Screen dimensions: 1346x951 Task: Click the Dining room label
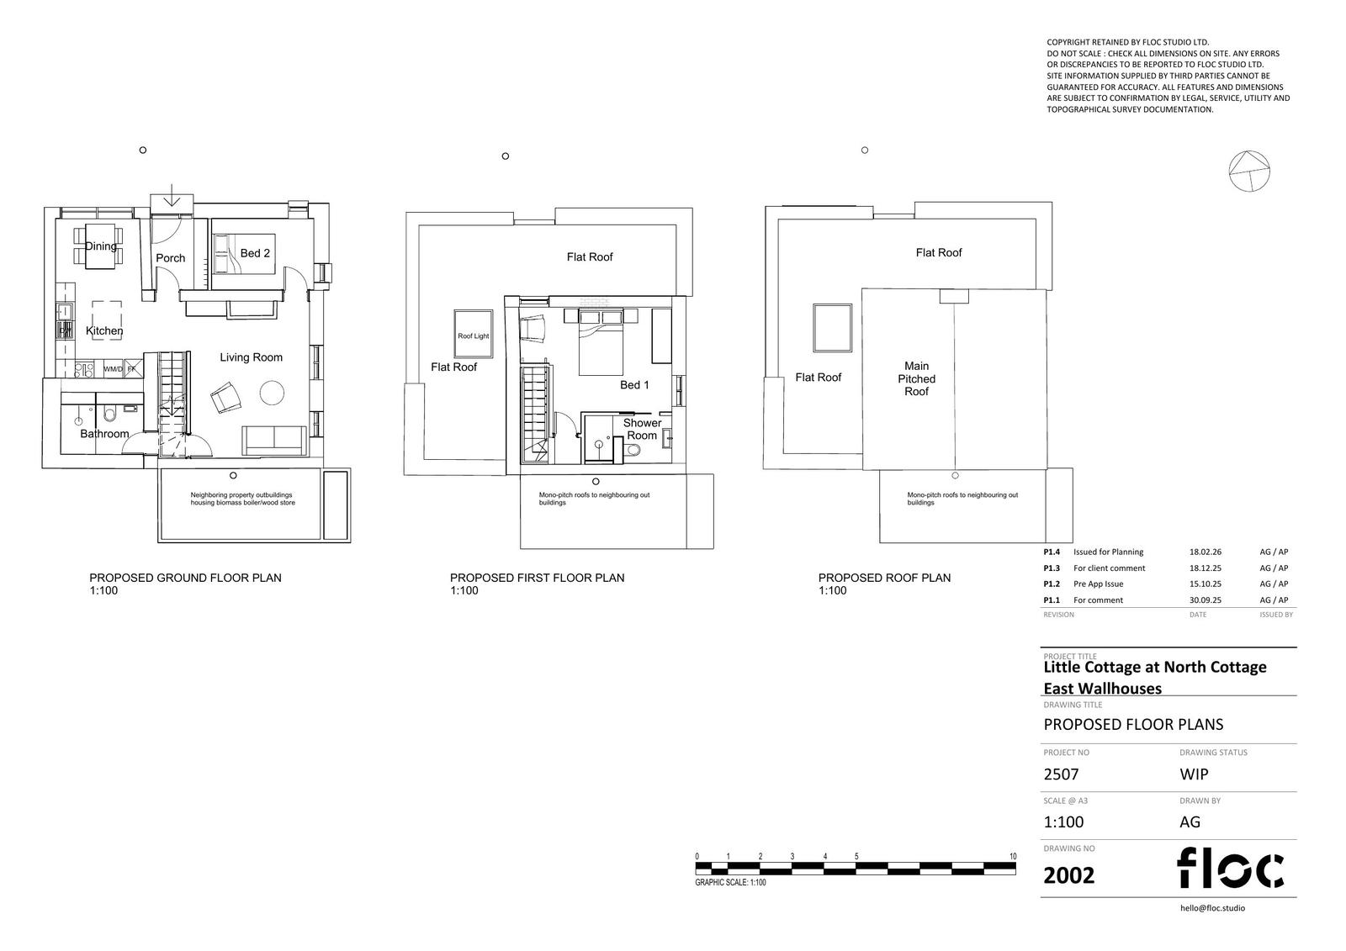coord(100,246)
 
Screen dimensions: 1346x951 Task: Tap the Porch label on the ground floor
coord(171,258)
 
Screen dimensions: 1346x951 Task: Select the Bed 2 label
coord(255,253)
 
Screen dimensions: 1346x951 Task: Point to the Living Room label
coord(251,357)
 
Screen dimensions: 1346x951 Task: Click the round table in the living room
coord(273,393)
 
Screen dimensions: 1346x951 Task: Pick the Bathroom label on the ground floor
coord(104,434)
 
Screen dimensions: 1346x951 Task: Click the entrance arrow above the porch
coord(172,196)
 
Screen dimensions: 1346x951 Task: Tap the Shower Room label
coord(642,429)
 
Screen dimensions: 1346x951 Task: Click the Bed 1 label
coord(634,385)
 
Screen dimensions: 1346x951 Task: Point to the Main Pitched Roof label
coord(916,378)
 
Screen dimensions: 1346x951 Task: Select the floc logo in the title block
coord(1230,867)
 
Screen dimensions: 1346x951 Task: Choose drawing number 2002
coord(1068,875)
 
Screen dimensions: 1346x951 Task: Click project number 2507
coord(1061,774)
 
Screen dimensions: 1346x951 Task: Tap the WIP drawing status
coord(1194,774)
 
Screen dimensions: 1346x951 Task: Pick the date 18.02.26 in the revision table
coord(1206,552)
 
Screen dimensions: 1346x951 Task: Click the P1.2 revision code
coord(1052,584)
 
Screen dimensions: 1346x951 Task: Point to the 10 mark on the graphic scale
coord(1013,856)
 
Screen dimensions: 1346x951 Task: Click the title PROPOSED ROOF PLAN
coord(884,578)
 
